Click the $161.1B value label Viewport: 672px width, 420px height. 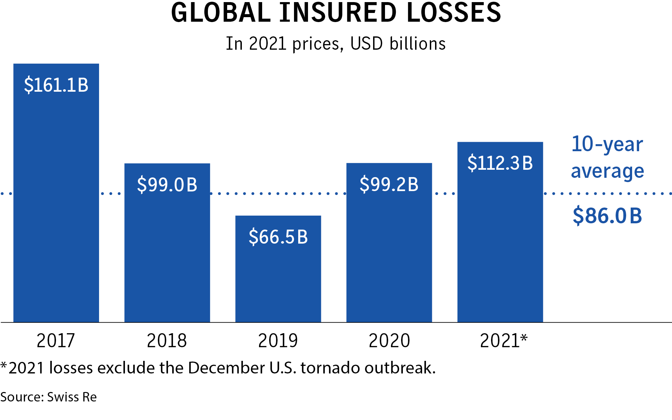click(x=56, y=85)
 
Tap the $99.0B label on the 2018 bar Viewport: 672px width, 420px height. click(x=167, y=184)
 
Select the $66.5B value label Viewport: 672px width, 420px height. click(x=278, y=237)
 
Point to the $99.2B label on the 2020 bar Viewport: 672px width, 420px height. click(x=389, y=184)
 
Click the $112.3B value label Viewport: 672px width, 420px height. click(x=500, y=163)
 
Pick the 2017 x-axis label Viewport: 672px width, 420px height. click(x=56, y=341)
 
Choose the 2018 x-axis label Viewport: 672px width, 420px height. click(x=167, y=341)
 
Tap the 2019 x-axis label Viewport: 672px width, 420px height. click(x=278, y=341)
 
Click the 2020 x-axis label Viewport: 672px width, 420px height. click(x=389, y=341)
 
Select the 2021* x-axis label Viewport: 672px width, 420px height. click(x=503, y=341)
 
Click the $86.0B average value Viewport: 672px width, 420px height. click(x=607, y=216)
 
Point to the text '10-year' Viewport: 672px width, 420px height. click(x=607, y=144)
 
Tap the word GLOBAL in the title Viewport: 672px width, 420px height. click(x=221, y=13)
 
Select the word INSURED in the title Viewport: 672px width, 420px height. click(x=338, y=13)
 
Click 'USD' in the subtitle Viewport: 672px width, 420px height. click(x=366, y=44)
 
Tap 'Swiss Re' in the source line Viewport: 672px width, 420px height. click(x=72, y=397)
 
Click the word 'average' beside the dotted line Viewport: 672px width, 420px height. click(x=607, y=171)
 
